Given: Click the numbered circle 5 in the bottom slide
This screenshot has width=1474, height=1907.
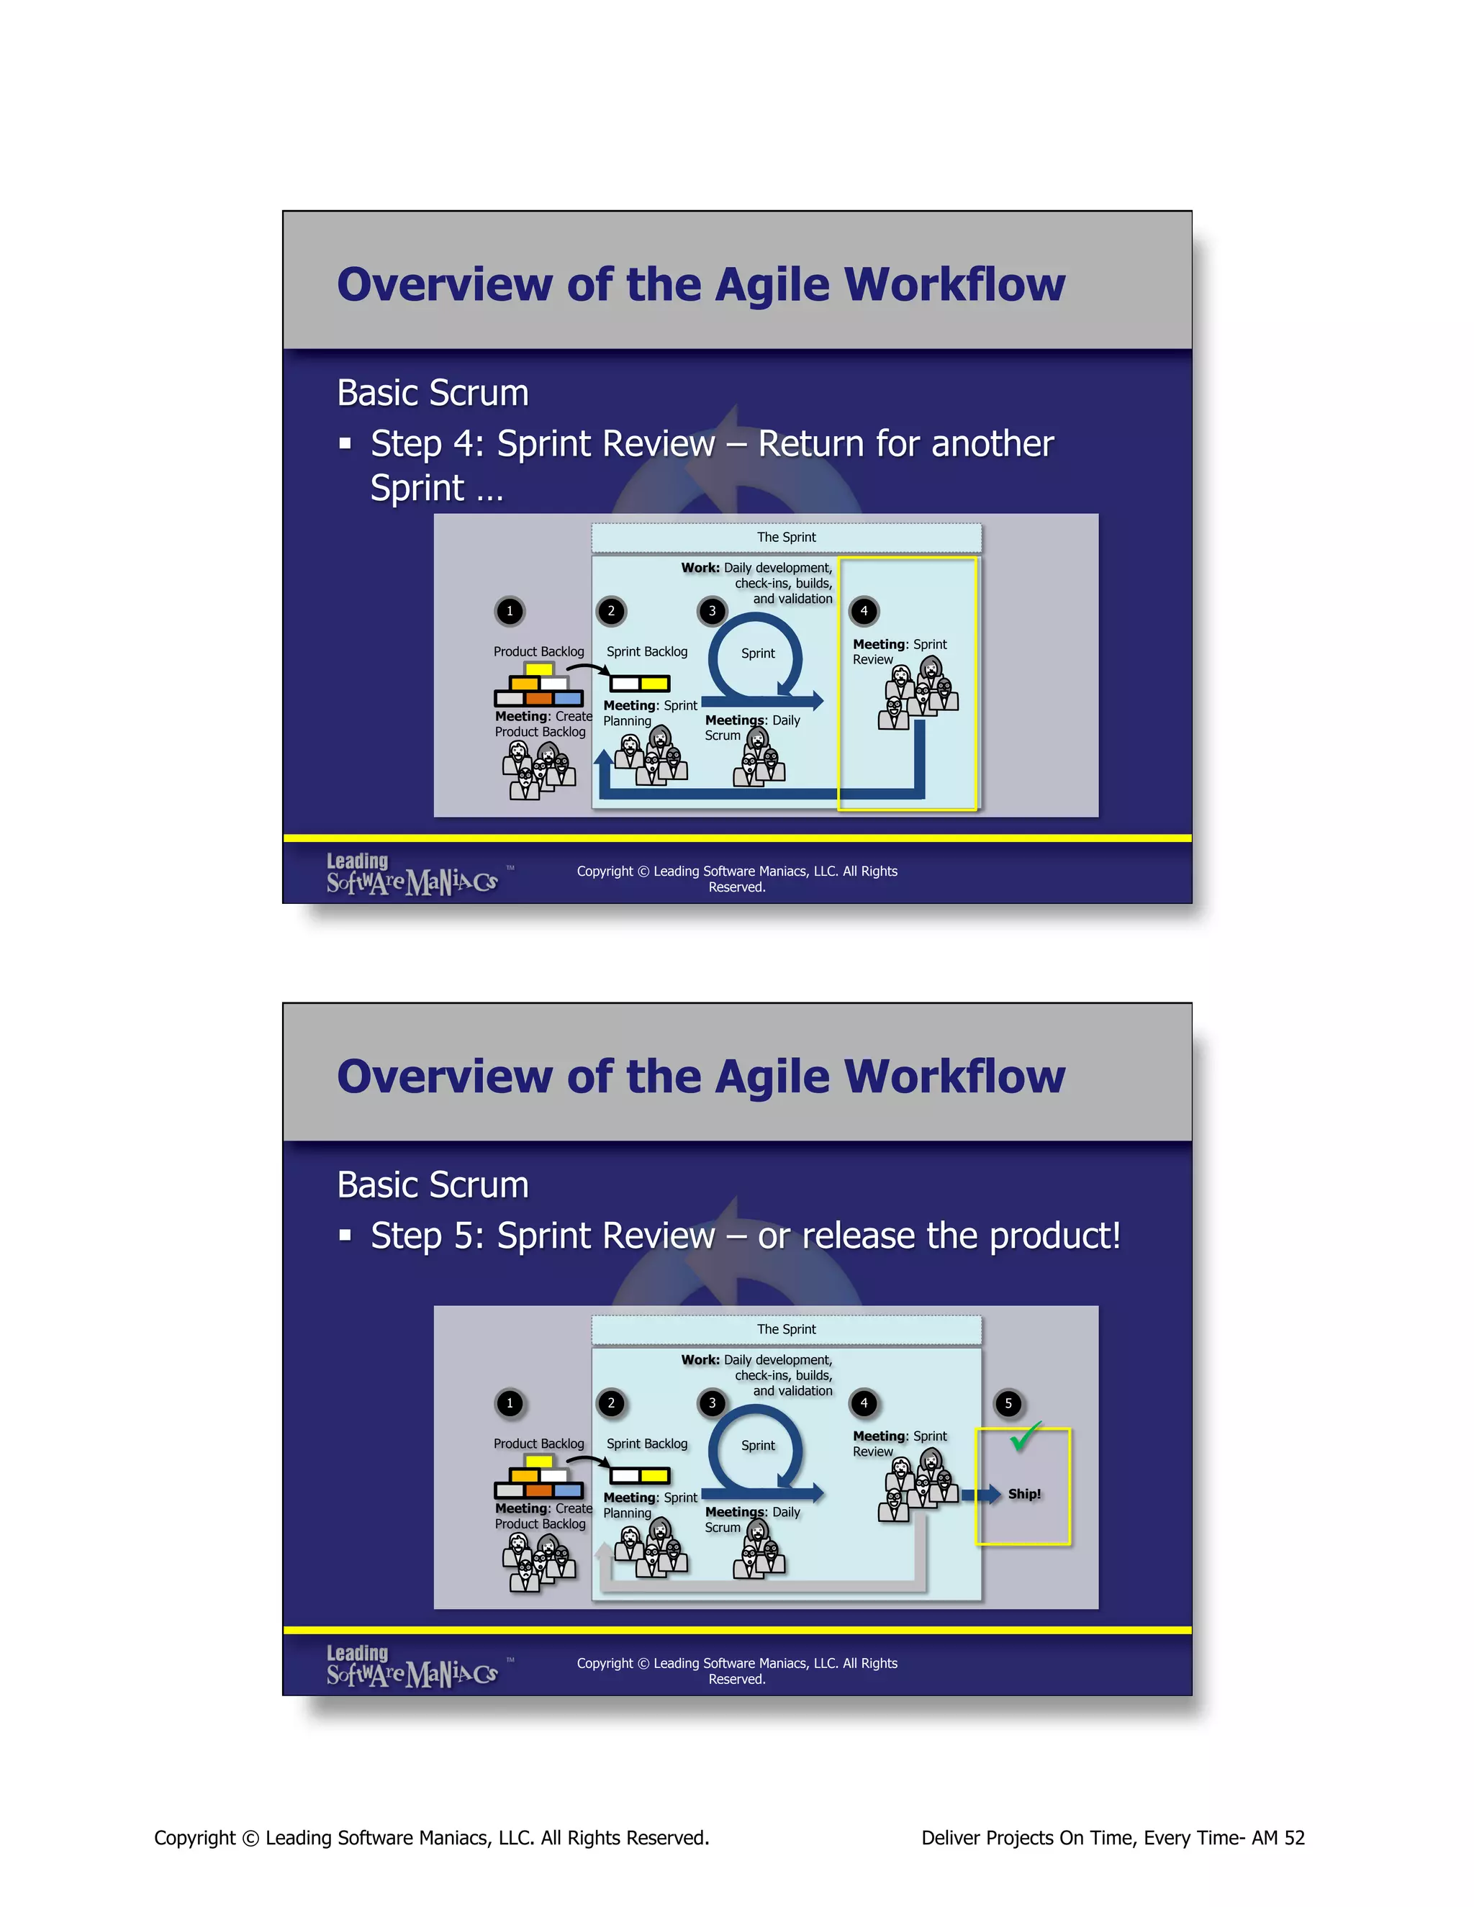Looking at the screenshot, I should click(x=1008, y=1403).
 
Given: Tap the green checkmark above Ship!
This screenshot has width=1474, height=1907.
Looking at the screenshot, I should click(x=1025, y=1436).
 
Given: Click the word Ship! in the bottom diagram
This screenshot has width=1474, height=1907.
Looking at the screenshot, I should click(x=1024, y=1494).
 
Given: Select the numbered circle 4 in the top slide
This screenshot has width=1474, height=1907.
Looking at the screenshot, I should click(x=864, y=611).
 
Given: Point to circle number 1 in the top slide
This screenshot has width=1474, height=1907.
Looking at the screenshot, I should click(x=510, y=611).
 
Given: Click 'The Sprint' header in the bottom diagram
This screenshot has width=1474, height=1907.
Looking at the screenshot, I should click(x=786, y=1329).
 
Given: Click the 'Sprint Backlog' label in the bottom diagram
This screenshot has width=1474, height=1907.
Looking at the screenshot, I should click(x=647, y=1444).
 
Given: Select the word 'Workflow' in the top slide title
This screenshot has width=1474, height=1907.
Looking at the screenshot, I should click(x=954, y=285).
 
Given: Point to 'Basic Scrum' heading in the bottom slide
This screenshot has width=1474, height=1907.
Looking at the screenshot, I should click(x=433, y=1185).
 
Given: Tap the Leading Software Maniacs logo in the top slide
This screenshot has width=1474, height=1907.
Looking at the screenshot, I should click(x=412, y=874).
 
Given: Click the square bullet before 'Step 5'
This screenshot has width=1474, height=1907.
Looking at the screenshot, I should click(x=345, y=1236).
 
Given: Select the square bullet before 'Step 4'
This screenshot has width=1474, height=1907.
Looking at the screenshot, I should click(x=345, y=443).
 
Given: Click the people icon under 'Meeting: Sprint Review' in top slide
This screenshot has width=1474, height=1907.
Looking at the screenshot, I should click(x=918, y=695).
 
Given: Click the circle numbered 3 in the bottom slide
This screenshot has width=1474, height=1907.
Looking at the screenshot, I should click(x=712, y=1403).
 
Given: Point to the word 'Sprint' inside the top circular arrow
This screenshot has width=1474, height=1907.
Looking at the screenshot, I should click(x=757, y=653).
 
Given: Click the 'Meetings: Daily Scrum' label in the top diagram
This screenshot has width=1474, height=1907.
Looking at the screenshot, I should click(x=752, y=728).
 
